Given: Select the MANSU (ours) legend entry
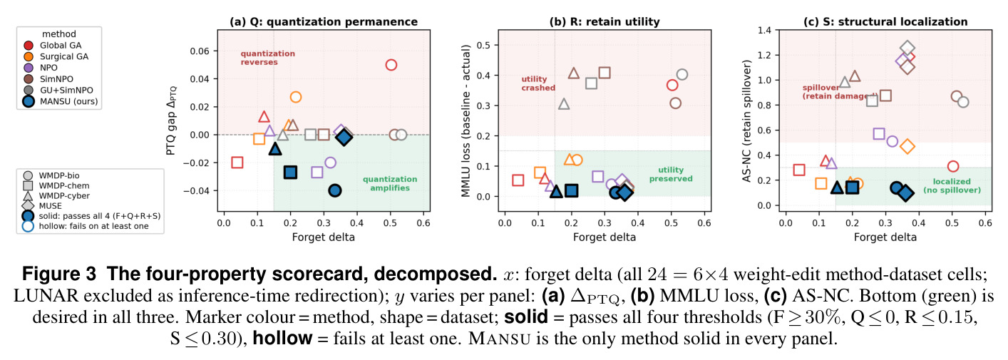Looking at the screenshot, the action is [60, 101].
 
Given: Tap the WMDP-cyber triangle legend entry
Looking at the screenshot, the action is [58, 196].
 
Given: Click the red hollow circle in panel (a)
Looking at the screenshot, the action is [391, 65].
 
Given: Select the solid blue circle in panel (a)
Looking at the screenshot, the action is [334, 190].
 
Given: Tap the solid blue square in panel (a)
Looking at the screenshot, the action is [291, 172].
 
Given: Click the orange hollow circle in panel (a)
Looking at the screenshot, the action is [295, 97].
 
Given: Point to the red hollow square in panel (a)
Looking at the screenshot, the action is [237, 163].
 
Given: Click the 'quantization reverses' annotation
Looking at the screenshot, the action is [268, 58].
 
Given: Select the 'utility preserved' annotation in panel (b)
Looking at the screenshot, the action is [671, 174].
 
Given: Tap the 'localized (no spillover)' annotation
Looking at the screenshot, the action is [952, 185].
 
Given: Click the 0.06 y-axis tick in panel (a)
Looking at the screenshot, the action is [200, 51].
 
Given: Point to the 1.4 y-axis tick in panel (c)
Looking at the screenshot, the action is [764, 30].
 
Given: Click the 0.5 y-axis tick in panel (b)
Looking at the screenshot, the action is [484, 45].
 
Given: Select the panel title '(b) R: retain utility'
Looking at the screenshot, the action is [605, 21].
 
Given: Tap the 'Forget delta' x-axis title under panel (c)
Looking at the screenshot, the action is [885, 237].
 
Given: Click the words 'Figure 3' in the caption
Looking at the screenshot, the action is [59, 274].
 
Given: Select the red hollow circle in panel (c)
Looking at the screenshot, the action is [952, 167].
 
